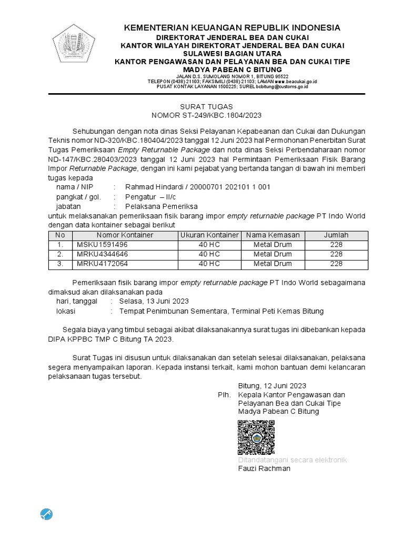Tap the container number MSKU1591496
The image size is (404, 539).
(x=102, y=245)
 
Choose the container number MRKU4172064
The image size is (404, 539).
(x=102, y=264)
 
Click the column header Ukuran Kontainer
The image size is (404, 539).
(x=209, y=235)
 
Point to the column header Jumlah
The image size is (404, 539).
(x=336, y=235)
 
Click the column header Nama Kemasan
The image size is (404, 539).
(x=272, y=235)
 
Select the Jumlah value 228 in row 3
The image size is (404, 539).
(x=336, y=264)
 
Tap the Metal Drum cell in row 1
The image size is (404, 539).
(x=272, y=245)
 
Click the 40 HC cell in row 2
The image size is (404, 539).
(x=209, y=254)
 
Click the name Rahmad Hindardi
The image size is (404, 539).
(x=154, y=187)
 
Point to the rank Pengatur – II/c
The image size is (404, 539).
(x=150, y=197)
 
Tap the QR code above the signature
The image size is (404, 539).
(x=256, y=437)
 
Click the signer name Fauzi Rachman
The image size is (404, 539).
(x=264, y=468)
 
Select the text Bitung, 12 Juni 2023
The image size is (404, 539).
(x=272, y=386)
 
